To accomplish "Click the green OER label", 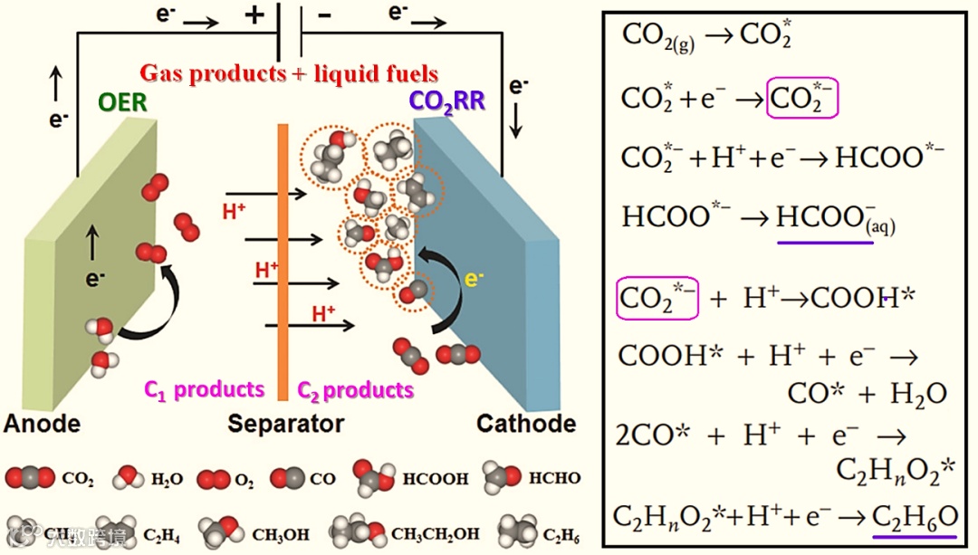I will [121, 101].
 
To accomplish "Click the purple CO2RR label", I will [447, 100].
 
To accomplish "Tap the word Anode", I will [42, 424].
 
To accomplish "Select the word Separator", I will [285, 424].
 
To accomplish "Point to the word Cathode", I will [526, 424].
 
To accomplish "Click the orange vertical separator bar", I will [283, 263].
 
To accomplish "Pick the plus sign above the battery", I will [254, 15].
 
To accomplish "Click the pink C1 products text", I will [206, 390].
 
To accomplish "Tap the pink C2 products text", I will [356, 390].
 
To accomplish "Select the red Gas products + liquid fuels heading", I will [289, 73].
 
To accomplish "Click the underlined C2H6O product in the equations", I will [915, 517].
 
